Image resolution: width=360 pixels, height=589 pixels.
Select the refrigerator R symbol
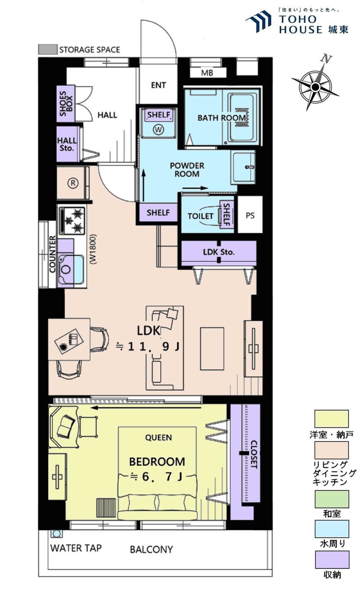tap(73, 183)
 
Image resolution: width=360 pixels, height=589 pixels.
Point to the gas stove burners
tap(72, 220)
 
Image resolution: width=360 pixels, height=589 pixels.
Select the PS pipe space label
tap(250, 215)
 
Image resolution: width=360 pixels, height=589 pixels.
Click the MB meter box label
tap(207, 73)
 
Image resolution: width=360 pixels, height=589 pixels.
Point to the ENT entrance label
tap(158, 85)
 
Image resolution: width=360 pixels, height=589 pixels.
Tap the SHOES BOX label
tap(66, 103)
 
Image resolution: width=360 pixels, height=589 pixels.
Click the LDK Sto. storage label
tap(219, 252)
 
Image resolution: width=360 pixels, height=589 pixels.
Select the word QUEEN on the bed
tap(158, 437)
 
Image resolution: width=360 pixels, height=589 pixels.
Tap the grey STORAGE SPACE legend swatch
tap(48, 49)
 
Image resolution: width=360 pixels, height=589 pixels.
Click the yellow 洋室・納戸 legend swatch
tap(332, 419)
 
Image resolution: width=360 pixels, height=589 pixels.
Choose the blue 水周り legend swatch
tap(332, 529)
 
